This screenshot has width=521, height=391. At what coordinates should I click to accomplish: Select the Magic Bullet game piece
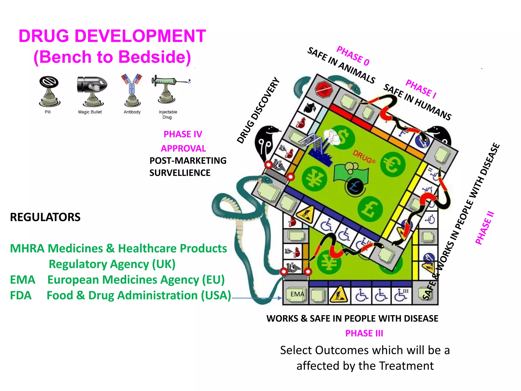[92, 91]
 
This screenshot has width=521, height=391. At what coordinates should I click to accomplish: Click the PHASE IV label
[183, 134]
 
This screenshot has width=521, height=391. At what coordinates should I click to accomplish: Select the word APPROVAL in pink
[183, 148]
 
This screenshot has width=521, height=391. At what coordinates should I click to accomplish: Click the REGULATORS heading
[45, 217]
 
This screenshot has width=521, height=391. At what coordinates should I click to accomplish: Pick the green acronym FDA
[21, 296]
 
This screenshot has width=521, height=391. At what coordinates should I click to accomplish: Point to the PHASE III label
[364, 333]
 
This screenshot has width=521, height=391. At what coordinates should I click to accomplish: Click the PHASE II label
[485, 228]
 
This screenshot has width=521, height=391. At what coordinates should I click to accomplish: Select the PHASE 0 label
[353, 55]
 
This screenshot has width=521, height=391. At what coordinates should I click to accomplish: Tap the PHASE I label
[421, 89]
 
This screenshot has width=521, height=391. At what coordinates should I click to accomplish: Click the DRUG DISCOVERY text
[258, 110]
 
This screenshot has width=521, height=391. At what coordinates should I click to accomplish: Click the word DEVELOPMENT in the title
[140, 36]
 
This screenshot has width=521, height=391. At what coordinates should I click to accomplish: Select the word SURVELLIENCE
[180, 173]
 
